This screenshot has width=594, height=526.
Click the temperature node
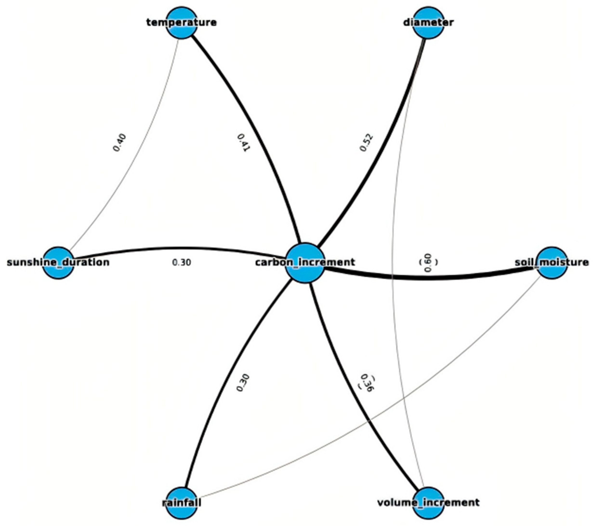pos(182,23)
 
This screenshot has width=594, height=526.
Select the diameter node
pos(428,23)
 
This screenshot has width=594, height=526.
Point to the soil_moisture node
pos(552,263)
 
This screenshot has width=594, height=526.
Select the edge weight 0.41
pos(244,142)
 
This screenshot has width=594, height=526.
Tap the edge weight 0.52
pos(366,142)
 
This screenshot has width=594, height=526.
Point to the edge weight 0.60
pos(428,263)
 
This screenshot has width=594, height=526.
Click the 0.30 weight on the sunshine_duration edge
pos(182,263)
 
